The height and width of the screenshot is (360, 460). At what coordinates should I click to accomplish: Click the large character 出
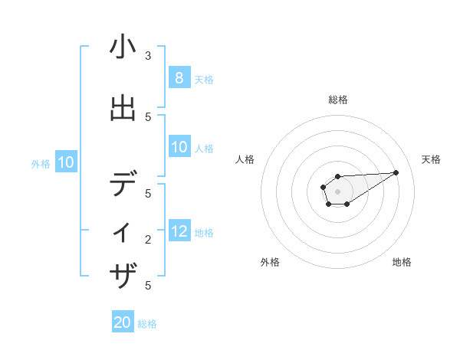click(x=123, y=110)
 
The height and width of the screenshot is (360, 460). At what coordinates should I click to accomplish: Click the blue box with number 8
click(x=179, y=78)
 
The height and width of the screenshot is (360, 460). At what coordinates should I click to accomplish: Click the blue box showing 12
click(x=179, y=231)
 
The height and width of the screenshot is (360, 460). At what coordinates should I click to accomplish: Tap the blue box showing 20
click(x=123, y=323)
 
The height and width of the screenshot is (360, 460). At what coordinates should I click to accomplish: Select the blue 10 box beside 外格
click(x=65, y=162)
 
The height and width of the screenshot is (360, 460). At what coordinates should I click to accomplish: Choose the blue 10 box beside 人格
click(x=179, y=147)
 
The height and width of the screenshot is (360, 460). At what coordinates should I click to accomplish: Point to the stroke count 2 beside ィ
click(x=148, y=240)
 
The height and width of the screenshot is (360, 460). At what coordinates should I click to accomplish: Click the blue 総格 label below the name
click(x=147, y=324)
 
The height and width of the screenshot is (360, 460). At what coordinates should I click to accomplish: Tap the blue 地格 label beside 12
click(x=204, y=232)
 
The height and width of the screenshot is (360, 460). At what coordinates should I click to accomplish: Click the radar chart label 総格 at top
click(x=337, y=100)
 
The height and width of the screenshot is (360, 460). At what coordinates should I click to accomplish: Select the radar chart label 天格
click(x=431, y=159)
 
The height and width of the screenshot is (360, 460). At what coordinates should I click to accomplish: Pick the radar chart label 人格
click(x=245, y=159)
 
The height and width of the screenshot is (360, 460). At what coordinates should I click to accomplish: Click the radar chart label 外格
click(x=270, y=262)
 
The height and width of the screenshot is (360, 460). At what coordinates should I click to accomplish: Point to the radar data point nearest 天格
click(x=396, y=172)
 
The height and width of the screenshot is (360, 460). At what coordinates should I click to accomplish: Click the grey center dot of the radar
click(x=337, y=191)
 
